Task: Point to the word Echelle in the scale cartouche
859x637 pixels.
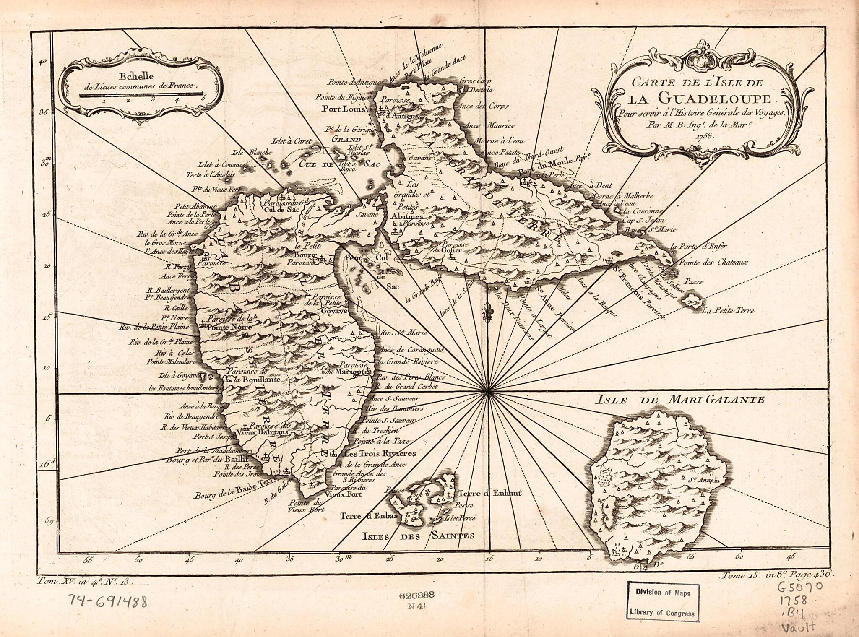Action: pyautogui.click(x=130, y=77)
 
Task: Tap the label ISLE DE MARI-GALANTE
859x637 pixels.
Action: pyautogui.click(x=679, y=400)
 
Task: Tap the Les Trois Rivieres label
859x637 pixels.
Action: pyautogui.click(x=379, y=453)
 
